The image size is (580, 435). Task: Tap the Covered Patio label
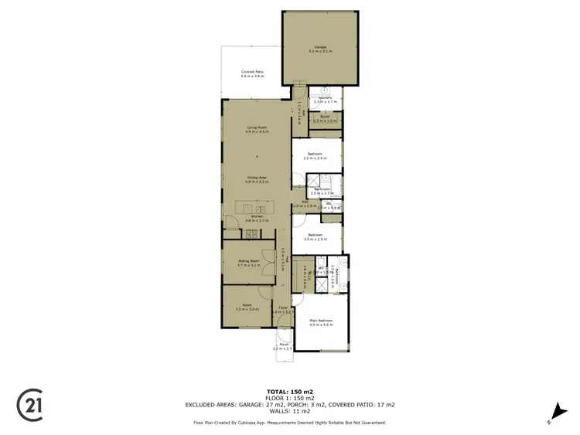252,74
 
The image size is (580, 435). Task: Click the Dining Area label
257,179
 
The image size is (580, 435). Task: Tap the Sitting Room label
248,263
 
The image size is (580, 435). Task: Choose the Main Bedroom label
321,321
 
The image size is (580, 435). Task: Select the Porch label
283,347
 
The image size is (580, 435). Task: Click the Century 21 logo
29,403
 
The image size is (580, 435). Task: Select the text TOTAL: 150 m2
289,392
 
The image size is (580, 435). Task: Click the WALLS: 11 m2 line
289,411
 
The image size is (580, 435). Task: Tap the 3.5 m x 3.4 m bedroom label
315,156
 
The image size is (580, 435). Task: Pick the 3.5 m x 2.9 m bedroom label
315,236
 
